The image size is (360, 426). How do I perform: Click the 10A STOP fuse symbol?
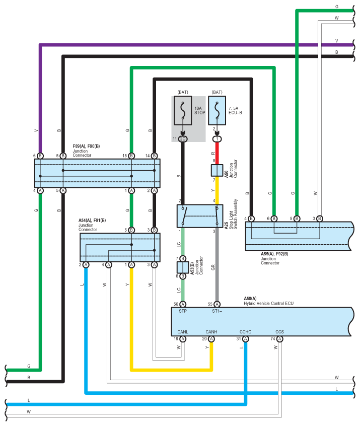pos(183,110)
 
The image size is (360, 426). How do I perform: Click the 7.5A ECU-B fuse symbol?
pos(217,110)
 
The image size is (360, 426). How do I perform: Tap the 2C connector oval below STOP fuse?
pos(183,139)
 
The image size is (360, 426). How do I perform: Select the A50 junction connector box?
pos(217,170)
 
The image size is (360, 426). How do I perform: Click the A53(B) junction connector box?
pos(183,267)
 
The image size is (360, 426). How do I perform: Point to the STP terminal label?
pos(183,311)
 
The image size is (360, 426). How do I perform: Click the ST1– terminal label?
pos(217,311)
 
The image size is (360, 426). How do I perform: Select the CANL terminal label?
pos(183,332)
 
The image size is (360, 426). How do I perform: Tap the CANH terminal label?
pos(211,332)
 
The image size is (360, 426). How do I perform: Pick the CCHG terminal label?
pos(245,332)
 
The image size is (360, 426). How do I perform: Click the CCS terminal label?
pos(279,332)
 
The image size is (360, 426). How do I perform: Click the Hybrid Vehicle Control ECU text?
pos(268,304)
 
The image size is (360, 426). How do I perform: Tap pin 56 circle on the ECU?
pos(183,304)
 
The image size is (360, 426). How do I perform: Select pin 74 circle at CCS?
pos(279,339)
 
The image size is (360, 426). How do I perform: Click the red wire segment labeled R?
pos(217,153)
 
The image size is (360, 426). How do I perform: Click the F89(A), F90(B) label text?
pos(86,146)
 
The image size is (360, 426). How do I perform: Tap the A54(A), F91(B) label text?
pos(92,221)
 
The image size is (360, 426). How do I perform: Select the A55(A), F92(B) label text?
pos(274,254)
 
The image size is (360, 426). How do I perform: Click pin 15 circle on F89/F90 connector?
pos(131,156)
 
